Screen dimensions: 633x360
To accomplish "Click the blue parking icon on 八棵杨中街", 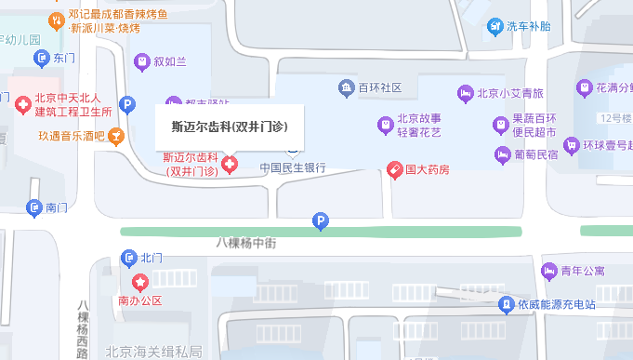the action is tap(321, 221).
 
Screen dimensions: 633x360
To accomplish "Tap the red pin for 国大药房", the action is tap(395, 169).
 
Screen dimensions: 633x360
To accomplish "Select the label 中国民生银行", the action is tap(292, 168).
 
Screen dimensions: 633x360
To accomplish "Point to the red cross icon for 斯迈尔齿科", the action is tap(229, 166).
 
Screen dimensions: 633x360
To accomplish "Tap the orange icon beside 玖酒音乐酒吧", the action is tap(116, 137).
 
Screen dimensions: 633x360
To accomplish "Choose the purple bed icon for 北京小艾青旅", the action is tap(465, 93).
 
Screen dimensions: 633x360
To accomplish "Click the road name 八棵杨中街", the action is tap(246, 242).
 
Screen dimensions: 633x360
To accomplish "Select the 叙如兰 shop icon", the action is tap(141, 62).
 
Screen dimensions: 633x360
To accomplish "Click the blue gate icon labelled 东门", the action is tap(41, 59).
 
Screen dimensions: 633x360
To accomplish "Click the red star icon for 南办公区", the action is tap(139, 282).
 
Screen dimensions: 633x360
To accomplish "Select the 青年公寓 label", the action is tap(583, 271).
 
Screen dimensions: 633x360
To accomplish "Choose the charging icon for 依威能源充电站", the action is tap(506, 304).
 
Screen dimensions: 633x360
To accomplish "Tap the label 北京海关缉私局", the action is tap(154, 352).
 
